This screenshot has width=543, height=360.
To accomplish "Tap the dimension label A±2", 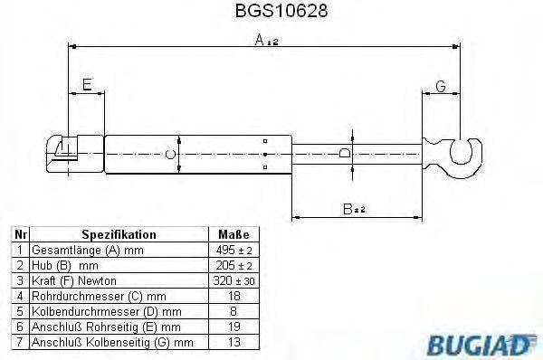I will (x=266, y=41).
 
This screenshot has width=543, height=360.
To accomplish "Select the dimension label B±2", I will (x=353, y=209).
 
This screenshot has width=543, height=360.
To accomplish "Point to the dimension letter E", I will (x=86, y=85).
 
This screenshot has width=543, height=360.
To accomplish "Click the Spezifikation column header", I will (x=119, y=233).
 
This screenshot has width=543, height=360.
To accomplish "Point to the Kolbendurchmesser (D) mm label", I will (x=98, y=310).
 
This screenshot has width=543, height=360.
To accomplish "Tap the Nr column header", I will (x=19, y=233).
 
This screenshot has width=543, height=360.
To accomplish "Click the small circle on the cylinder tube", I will (x=169, y=153).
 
